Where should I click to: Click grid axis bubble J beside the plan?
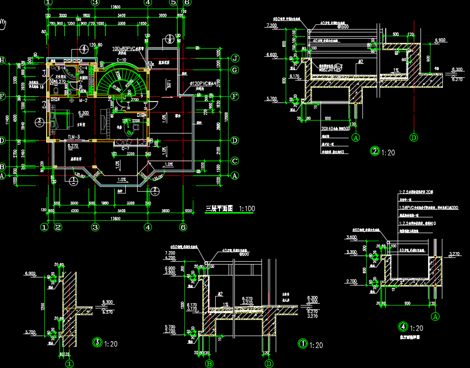[235, 59]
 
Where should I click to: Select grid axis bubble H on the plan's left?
[2, 60]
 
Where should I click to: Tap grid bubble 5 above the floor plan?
[173, 2]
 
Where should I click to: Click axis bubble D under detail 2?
[414, 138]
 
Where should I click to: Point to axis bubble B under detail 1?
[209, 364]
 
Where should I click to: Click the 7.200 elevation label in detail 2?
[272, 25]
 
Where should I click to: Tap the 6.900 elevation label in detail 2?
[441, 40]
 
